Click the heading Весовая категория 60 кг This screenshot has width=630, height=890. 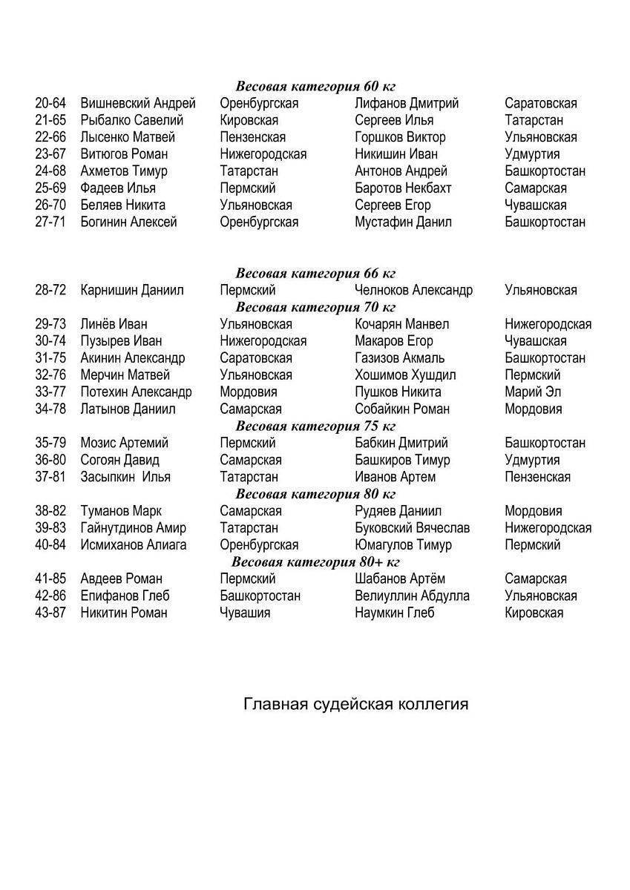tap(315, 86)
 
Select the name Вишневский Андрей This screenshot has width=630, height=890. tap(138, 103)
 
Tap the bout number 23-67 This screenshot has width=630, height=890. tap(50, 154)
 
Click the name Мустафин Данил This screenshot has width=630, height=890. tap(403, 222)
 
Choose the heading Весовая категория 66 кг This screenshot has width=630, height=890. tap(315, 273)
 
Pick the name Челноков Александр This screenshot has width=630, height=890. tap(413, 290)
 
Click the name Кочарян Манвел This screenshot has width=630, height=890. tap(401, 324)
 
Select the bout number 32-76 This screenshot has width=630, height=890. tap(50, 375)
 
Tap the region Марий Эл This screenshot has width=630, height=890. tap(533, 392)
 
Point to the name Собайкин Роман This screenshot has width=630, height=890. tap(402, 409)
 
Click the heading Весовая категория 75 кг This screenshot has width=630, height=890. tap(315, 426)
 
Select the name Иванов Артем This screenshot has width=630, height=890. tap(396, 477)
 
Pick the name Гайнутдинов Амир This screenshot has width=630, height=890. tap(134, 528)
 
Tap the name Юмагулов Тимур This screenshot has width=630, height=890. tap(403, 545)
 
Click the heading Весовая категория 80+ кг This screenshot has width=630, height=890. tap(315, 561)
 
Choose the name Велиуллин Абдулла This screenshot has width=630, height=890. tap(412, 596)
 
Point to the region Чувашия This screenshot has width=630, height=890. tap(245, 613)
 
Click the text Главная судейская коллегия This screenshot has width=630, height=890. tap(356, 704)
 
